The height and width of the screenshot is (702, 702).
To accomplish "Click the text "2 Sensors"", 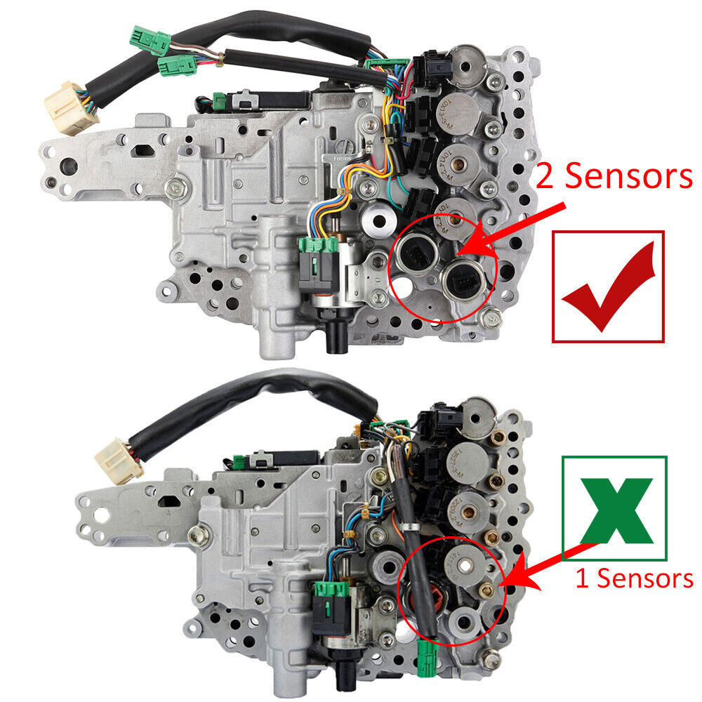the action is (614, 176).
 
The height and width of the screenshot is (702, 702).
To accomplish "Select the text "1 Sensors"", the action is (634, 578).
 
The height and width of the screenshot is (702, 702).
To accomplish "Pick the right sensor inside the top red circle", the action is (463, 280).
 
